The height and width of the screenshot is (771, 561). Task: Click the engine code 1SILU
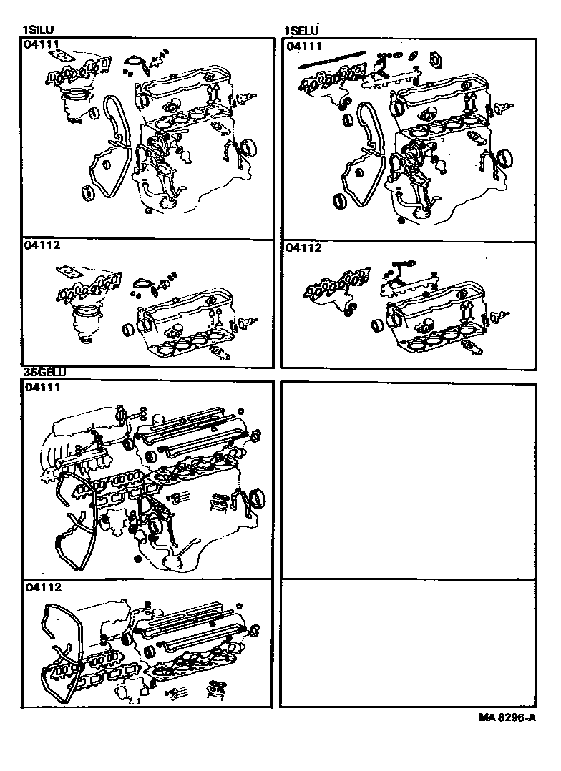(x=39, y=31)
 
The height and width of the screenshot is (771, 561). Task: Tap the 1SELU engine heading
(x=301, y=31)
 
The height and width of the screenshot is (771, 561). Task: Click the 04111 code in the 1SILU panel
(x=42, y=45)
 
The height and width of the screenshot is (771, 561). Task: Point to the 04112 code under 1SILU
(x=42, y=245)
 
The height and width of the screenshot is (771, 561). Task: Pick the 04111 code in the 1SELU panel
(x=303, y=46)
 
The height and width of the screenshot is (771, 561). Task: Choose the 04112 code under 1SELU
(x=303, y=247)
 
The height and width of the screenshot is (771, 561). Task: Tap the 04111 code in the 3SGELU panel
(x=43, y=388)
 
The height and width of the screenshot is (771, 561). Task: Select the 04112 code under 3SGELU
(x=44, y=587)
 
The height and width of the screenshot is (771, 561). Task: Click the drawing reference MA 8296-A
(x=507, y=717)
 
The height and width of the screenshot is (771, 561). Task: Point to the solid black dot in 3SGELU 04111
(x=137, y=559)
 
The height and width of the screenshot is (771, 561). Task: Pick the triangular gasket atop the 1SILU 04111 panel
(x=133, y=62)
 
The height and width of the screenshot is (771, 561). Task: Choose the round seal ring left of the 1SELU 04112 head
(x=378, y=325)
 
